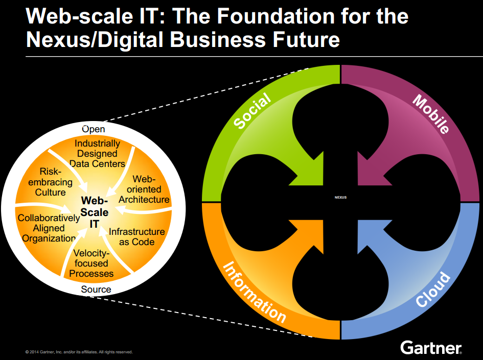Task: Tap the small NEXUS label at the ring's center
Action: point(340,198)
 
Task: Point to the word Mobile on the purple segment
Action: point(430,113)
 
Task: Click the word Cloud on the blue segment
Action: point(433,290)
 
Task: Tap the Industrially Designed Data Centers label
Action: point(97,154)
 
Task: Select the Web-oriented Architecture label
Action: point(144,189)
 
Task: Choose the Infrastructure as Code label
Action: point(136,236)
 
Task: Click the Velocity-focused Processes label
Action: point(91,263)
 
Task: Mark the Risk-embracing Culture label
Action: point(51,182)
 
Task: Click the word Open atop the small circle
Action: point(94,129)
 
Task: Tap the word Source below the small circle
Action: point(96,290)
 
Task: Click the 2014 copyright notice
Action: point(79,352)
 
